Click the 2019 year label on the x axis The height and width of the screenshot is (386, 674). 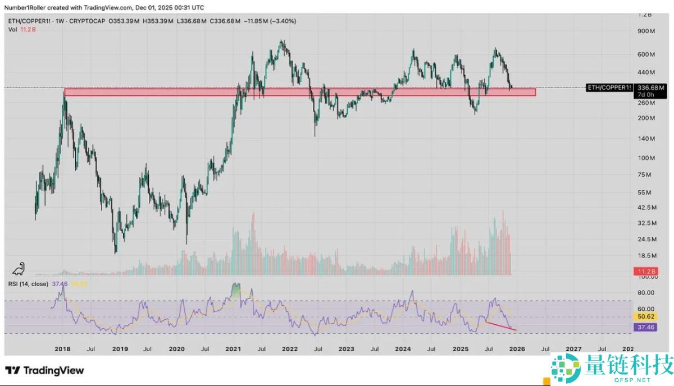[x=120, y=348]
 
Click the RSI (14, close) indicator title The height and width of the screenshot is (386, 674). [x=28, y=284]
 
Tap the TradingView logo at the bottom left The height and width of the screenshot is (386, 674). [x=45, y=370]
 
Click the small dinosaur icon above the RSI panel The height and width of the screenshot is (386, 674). [x=20, y=269]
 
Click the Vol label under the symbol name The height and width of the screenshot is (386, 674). [x=12, y=30]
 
